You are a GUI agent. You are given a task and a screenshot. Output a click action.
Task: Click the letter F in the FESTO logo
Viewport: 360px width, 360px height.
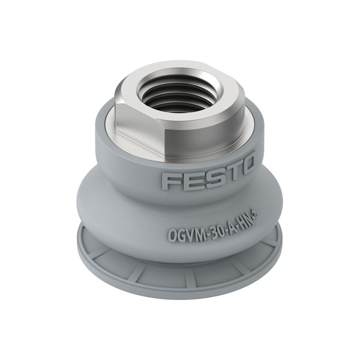170,181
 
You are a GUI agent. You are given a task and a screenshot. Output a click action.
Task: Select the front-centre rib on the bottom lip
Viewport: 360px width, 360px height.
190,278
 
